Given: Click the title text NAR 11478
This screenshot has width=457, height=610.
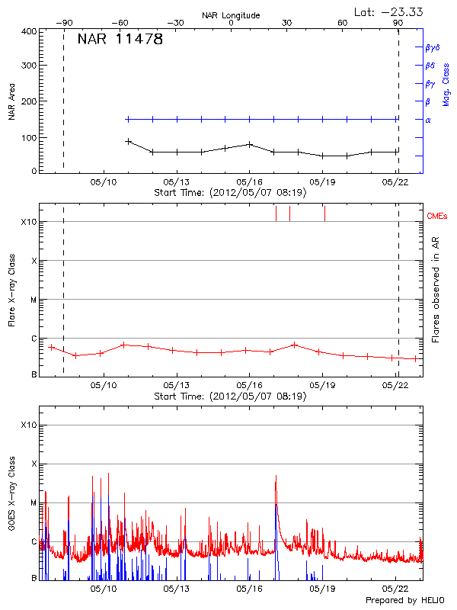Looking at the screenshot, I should click(x=120, y=40).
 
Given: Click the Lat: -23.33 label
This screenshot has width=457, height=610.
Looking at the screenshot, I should click(x=389, y=11).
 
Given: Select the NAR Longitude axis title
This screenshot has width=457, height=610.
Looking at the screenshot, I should click(x=231, y=15).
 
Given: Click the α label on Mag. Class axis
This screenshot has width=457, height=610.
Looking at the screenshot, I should click(x=428, y=120).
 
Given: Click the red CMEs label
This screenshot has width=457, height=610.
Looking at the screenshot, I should click(x=437, y=217).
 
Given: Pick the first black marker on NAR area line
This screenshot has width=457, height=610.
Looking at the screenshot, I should click(x=129, y=141).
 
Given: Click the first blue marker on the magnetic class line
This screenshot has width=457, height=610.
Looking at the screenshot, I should click(x=129, y=119).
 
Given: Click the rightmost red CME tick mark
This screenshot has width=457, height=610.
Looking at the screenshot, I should click(x=324, y=213).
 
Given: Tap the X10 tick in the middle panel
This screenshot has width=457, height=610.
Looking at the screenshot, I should click(x=30, y=222).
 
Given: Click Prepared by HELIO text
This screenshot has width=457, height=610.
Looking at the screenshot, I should click(x=405, y=601).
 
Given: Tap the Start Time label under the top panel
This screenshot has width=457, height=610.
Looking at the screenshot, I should click(x=230, y=193).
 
